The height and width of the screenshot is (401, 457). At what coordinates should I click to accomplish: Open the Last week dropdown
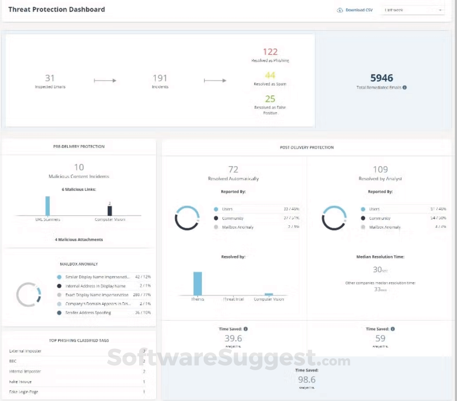coord(412,10)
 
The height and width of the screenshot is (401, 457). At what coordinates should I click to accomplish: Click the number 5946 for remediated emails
coord(382,78)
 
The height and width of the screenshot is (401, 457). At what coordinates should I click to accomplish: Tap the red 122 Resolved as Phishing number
coord(270,52)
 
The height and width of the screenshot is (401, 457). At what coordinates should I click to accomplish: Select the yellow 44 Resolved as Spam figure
coord(270,75)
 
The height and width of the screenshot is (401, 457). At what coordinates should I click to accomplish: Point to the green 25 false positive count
coord(270,99)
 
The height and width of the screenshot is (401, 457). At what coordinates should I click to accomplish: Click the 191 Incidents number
coord(160,78)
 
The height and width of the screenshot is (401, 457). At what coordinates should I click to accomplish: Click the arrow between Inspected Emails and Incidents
coord(105,81)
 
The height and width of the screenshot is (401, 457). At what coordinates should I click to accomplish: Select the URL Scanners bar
coord(48,206)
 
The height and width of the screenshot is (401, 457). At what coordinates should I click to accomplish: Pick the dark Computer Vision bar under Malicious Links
coord(110,211)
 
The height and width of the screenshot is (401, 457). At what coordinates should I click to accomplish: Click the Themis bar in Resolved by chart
coord(198,283)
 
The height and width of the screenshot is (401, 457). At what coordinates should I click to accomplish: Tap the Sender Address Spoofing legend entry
coord(88,313)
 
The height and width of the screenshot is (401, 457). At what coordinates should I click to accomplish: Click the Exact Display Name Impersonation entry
coord(97,295)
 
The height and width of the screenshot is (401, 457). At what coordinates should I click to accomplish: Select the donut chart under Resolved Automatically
coord(187,218)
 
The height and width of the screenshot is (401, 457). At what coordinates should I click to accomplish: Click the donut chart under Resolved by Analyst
coord(334,218)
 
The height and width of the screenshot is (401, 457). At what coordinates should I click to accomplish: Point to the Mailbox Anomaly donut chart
coord(29,295)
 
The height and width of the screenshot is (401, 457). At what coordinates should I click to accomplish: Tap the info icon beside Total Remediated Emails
coord(404,87)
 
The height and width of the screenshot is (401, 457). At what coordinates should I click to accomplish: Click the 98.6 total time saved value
coord(306,379)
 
